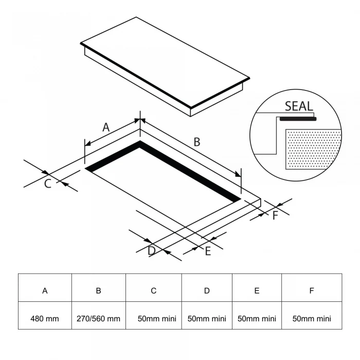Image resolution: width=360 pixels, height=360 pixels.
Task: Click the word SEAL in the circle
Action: (299, 106)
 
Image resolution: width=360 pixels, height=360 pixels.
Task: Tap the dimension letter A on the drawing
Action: (106, 128)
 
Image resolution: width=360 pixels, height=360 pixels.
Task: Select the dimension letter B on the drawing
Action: (197, 142)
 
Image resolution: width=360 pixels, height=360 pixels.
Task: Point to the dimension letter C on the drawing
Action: (47, 184)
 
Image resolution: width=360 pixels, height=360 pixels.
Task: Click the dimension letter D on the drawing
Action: (152, 251)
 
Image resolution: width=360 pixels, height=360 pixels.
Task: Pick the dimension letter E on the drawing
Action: (208, 251)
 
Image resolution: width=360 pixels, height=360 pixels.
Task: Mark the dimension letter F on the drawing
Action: (275, 215)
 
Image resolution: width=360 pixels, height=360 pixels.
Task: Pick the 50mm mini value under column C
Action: (157, 319)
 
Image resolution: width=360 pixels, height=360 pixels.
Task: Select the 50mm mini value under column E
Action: (257, 319)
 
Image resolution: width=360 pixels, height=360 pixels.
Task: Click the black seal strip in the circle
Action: (298, 119)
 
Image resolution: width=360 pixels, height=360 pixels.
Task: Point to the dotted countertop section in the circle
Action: (313, 149)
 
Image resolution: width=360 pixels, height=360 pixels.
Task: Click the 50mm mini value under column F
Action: (312, 319)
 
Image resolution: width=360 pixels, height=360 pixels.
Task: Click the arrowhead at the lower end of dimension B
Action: (238, 175)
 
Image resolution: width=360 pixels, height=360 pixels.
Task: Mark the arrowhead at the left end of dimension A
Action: (88, 143)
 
